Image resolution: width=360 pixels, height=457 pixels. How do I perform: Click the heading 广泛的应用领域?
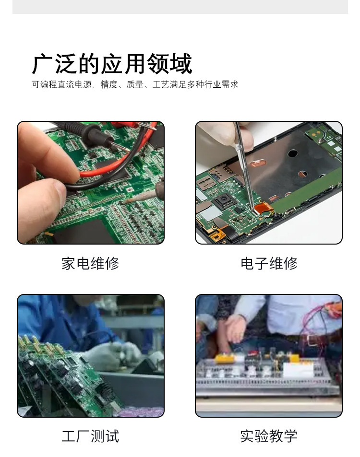[112, 64]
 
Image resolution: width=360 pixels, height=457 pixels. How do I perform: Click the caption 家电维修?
[90, 263]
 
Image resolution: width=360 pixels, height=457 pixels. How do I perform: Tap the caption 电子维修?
[269, 263]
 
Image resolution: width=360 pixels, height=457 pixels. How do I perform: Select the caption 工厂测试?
[90, 436]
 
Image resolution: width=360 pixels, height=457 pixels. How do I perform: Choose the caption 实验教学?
[269, 436]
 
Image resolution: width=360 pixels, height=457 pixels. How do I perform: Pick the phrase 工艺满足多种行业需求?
[195, 85]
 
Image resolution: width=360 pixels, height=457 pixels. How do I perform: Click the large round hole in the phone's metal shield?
[292, 154]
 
